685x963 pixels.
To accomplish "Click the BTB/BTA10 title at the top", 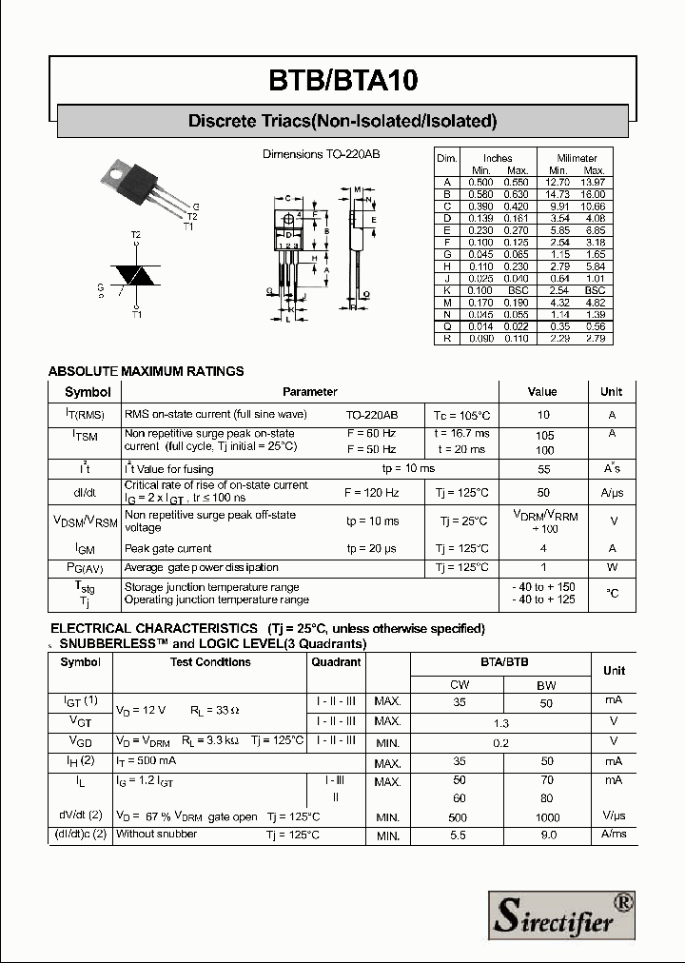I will click(342, 82).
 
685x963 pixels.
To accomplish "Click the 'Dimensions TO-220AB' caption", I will click(321, 153).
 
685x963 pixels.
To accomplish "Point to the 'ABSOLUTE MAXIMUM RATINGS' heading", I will click(146, 371).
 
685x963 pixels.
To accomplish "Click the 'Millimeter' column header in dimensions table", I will click(577, 158).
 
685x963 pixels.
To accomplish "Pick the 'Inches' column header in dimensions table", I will click(497, 158).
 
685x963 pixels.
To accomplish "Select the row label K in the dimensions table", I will click(446, 290).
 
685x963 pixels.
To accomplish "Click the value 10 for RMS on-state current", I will click(543, 415).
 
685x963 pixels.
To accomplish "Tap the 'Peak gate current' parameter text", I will click(168, 548).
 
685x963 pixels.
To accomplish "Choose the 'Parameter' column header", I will click(309, 391).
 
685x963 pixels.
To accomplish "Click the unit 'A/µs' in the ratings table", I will click(612, 492).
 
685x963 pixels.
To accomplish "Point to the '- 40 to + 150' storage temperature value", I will click(543, 587).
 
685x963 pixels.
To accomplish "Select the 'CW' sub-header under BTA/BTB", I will click(460, 684).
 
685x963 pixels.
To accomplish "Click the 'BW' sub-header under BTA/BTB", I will click(546, 684).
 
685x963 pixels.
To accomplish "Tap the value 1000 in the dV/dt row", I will click(546, 817).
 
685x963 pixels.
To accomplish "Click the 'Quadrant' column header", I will click(336, 662).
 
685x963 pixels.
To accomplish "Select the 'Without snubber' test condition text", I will click(156, 834).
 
